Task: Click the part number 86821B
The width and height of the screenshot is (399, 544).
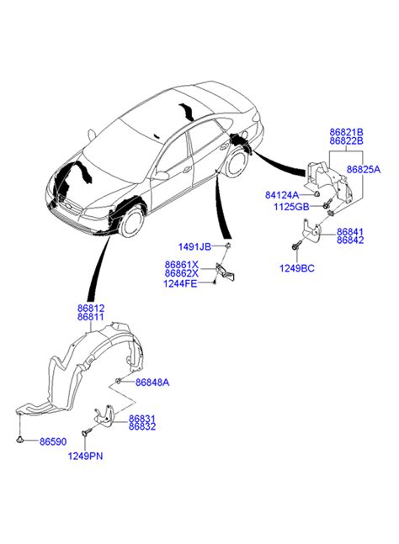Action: [x=346, y=132]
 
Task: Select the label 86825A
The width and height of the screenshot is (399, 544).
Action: [x=364, y=169]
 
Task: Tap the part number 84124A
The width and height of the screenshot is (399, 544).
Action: [x=282, y=195]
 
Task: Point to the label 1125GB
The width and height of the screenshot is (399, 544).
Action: [x=291, y=207]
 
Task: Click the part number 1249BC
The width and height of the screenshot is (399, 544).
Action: [x=297, y=268]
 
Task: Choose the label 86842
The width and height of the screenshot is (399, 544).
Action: [x=350, y=240]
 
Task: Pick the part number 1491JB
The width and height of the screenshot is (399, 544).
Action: [x=194, y=247]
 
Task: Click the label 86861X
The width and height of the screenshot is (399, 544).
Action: [x=182, y=265]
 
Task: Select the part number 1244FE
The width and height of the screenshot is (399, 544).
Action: [x=180, y=284]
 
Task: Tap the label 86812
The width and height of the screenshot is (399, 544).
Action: [x=91, y=308]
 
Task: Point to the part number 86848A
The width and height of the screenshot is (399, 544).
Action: [x=152, y=383]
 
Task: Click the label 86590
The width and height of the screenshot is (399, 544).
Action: [x=53, y=441]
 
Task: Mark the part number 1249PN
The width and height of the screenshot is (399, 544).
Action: [x=85, y=456]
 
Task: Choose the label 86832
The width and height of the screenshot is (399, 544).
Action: [x=142, y=427]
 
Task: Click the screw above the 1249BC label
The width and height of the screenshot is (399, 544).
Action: [x=295, y=246]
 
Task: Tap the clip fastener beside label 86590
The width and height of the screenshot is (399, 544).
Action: [x=19, y=440]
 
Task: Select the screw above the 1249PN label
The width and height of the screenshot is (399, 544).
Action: [x=86, y=432]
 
